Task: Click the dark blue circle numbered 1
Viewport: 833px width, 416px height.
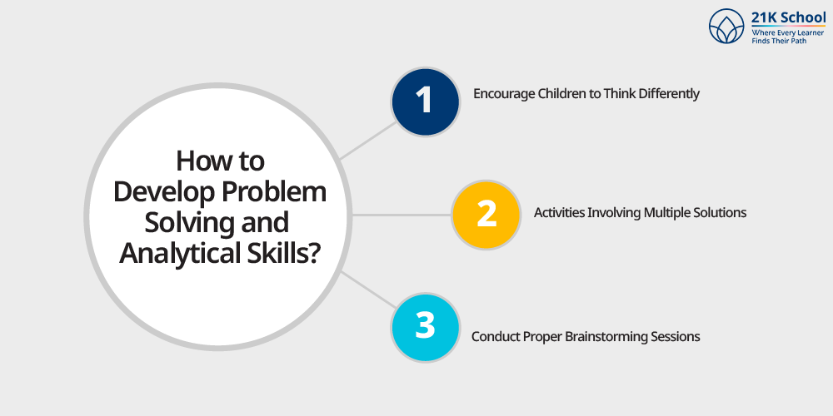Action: coord(425,102)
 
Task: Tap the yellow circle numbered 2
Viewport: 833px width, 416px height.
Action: coord(486,215)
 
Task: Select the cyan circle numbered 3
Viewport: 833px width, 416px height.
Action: coord(425,327)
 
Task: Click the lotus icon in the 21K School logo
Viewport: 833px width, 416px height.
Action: coord(726,26)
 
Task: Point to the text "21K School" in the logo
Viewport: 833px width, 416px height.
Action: coord(788,17)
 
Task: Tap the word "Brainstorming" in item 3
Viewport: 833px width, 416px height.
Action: coord(606,337)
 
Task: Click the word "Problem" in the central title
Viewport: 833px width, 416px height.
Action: coord(275,192)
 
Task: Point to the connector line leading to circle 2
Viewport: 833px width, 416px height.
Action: coord(402,215)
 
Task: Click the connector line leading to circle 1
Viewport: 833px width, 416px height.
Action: coord(369,140)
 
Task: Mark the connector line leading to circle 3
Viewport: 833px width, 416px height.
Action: coord(369,290)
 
